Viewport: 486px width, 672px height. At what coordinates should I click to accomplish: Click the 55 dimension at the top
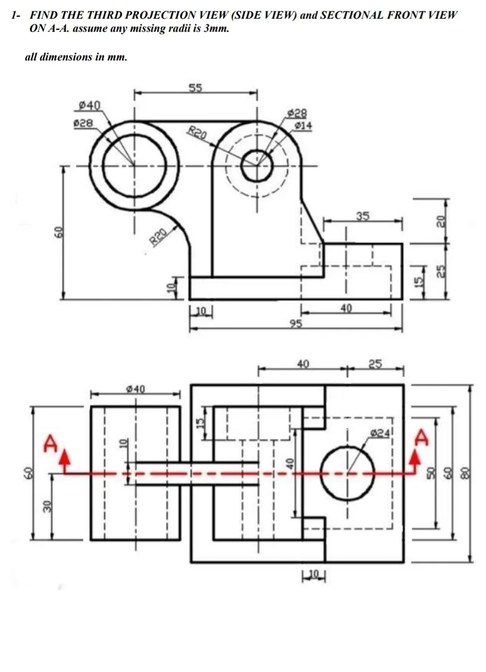(196, 88)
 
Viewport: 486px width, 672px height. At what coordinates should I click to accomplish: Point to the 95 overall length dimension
(296, 323)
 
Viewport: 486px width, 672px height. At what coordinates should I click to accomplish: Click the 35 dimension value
(363, 216)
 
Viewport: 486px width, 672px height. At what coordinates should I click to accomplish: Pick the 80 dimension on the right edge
(464, 474)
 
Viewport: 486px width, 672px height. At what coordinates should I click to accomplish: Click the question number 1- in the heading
(17, 14)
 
